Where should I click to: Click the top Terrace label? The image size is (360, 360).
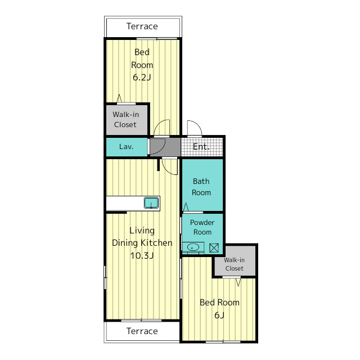point(142,26)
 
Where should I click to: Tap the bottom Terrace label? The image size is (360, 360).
point(142,331)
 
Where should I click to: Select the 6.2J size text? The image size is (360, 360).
point(142,78)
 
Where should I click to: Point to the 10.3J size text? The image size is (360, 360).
point(142,255)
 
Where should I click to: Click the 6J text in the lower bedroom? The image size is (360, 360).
point(219,315)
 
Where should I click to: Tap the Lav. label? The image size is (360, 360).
point(126,146)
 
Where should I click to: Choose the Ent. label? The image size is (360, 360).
point(201,146)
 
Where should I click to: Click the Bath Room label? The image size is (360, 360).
point(201,187)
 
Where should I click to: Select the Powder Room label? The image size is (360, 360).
point(202,227)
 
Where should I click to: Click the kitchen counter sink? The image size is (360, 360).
point(151,203)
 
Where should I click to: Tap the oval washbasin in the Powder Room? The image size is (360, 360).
point(193,247)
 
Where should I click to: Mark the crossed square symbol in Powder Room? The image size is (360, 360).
point(214,247)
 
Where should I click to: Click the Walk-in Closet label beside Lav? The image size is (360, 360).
point(125,119)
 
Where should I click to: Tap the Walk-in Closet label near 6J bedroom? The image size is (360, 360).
point(234,264)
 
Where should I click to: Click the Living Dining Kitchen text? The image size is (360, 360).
point(142,237)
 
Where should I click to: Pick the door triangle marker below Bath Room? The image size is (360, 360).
point(186,206)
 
